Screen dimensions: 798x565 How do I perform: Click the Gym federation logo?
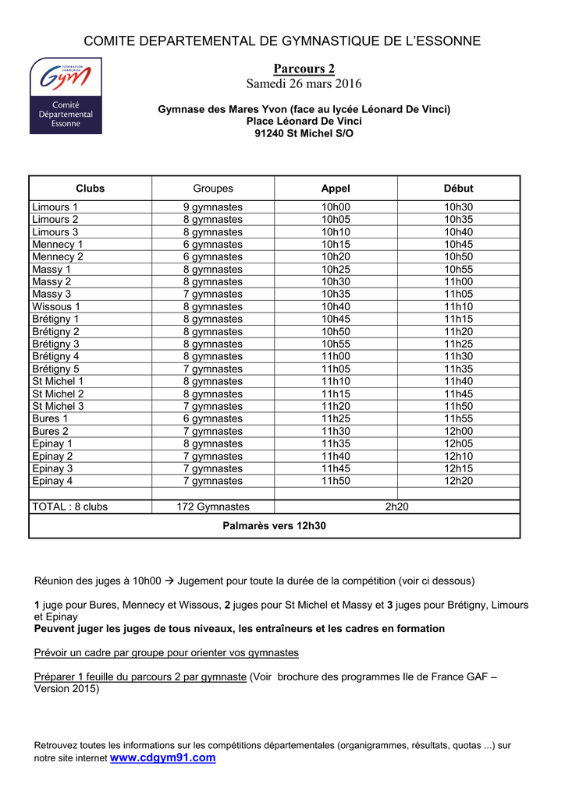click(x=66, y=95)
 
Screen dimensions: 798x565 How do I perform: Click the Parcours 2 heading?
click(x=304, y=69)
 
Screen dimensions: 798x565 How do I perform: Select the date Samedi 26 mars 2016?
click(x=304, y=83)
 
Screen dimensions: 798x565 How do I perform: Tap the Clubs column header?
click(x=90, y=189)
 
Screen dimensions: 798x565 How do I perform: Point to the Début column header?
click(x=458, y=189)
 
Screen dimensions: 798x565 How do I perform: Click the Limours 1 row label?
click(x=55, y=207)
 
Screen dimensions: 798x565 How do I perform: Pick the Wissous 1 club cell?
click(x=55, y=307)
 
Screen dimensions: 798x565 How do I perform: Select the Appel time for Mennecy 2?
click(x=336, y=257)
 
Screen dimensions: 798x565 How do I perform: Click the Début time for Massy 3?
click(x=458, y=295)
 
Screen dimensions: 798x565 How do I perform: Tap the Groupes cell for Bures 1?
click(x=213, y=419)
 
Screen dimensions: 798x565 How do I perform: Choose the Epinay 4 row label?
click(x=52, y=482)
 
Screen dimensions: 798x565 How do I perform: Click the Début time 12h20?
click(x=458, y=482)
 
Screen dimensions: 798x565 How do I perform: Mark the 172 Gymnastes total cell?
click(x=213, y=507)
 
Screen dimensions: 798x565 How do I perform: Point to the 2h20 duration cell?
click(x=396, y=507)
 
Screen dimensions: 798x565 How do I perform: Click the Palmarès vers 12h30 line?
click(x=274, y=526)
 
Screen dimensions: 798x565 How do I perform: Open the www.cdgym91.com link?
click(x=163, y=757)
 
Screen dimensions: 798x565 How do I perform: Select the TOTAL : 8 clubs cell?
click(x=69, y=507)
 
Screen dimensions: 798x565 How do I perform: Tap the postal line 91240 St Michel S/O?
click(x=304, y=134)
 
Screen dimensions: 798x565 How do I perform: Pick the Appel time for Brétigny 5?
click(x=336, y=369)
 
